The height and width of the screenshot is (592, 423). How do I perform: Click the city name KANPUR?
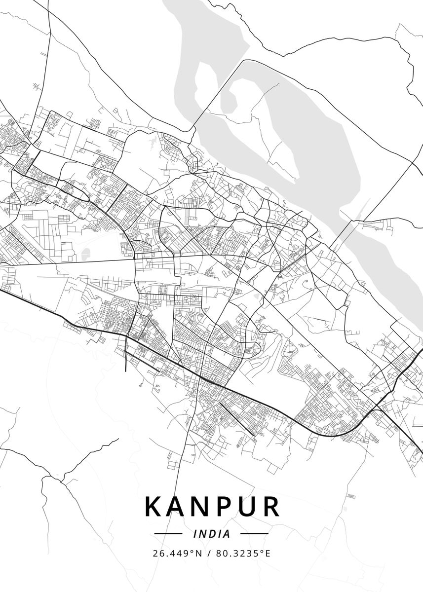(212, 506)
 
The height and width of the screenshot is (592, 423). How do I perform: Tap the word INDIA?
(212, 534)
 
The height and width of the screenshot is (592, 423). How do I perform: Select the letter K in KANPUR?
(155, 506)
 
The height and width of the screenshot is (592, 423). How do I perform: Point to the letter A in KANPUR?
(178, 506)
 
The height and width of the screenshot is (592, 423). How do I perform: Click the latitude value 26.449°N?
(177, 554)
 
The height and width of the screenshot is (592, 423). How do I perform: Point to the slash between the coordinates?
(209, 554)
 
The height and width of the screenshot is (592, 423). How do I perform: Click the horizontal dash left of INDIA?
(168, 534)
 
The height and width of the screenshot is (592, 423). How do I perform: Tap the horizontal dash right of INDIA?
(254, 534)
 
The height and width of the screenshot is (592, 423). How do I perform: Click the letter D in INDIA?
(212, 534)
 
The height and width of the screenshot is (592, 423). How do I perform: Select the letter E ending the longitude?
(268, 554)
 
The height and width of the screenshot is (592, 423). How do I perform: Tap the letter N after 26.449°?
(199, 554)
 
